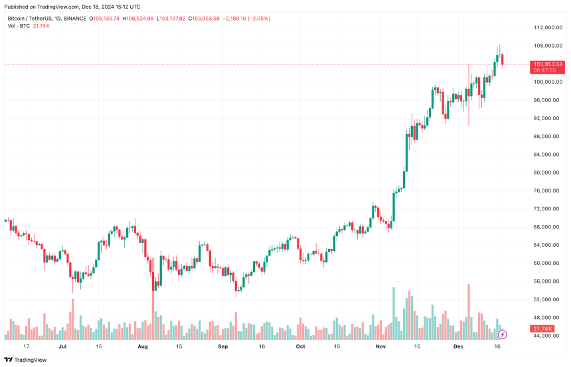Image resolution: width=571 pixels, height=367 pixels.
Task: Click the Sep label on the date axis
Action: [x=223, y=346]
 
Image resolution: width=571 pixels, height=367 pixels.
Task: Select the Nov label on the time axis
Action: [x=381, y=346]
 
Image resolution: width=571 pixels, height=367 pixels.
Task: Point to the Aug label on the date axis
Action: [x=142, y=346]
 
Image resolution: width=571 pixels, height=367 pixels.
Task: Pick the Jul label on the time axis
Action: [x=62, y=346]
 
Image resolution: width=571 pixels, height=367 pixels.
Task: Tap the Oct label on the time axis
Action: [x=300, y=346]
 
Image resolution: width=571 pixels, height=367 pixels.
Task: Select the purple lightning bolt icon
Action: [x=502, y=334]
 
